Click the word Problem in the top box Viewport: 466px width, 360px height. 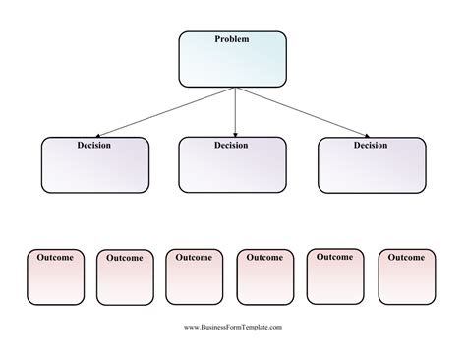[232, 39]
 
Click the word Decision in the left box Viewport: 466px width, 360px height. [94, 146]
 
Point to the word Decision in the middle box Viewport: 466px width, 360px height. [232, 146]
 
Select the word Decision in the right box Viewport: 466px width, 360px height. [372, 146]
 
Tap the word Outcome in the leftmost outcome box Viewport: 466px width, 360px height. [55, 257]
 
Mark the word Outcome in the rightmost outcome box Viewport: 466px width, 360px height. [406, 257]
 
